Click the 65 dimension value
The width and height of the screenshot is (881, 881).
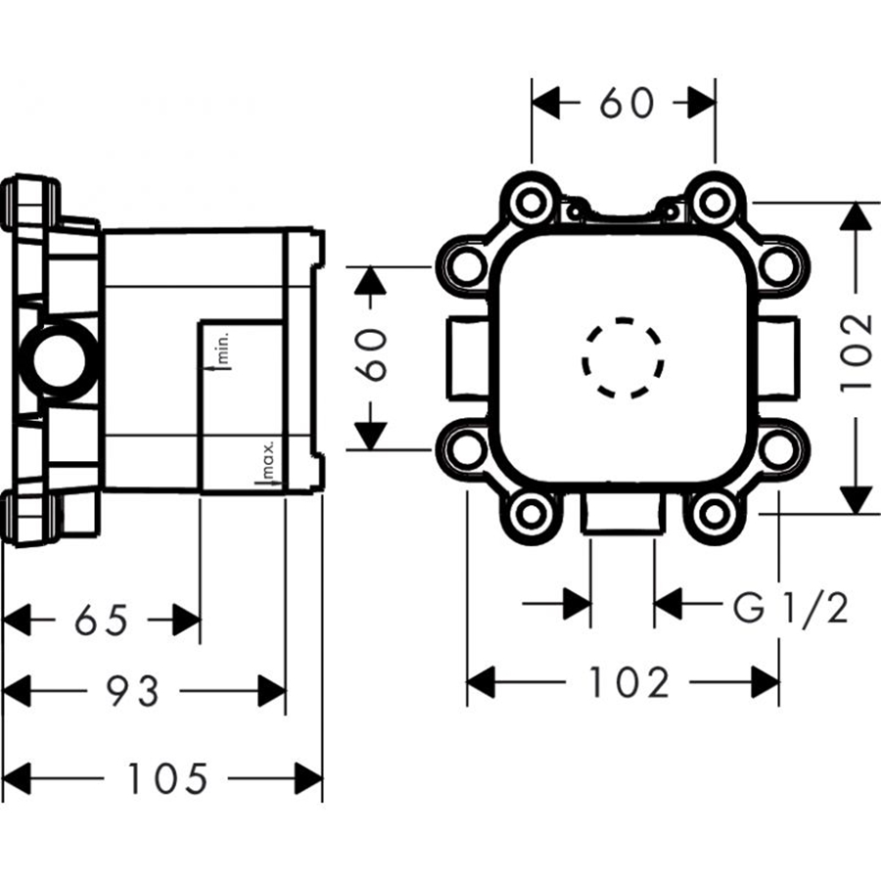coord(102,621)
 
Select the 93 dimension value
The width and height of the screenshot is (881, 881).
coord(133,690)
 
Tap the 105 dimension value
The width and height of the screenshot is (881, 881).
coord(167,778)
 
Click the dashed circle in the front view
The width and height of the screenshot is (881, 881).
coord(624,358)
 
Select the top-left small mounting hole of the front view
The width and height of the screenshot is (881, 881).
coord(531,201)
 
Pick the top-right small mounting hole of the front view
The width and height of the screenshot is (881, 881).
coord(715,201)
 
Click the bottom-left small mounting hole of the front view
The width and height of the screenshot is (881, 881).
coord(531,512)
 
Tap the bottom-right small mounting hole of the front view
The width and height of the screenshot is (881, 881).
coord(715,512)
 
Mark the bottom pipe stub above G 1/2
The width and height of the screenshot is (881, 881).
coord(623,512)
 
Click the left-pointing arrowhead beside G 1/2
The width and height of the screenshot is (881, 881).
coord(668,603)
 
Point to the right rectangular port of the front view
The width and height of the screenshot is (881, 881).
coord(778,358)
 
